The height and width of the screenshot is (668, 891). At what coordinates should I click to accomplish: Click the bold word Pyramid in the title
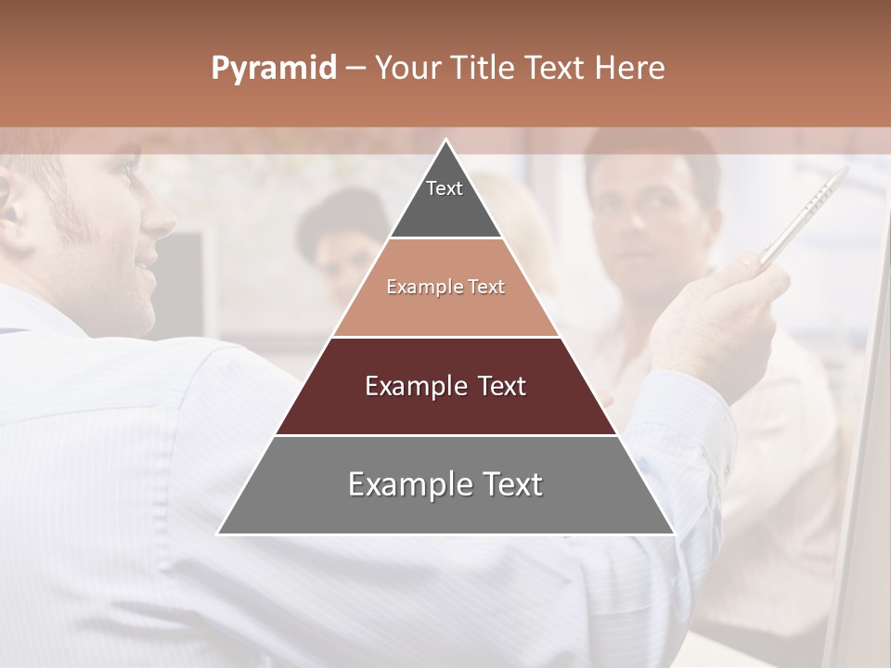point(273,69)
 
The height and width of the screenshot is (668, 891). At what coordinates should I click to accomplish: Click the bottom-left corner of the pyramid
point(220,533)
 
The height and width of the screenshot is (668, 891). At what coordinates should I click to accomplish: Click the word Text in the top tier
point(444,188)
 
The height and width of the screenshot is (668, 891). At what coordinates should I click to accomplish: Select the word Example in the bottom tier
point(399,484)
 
